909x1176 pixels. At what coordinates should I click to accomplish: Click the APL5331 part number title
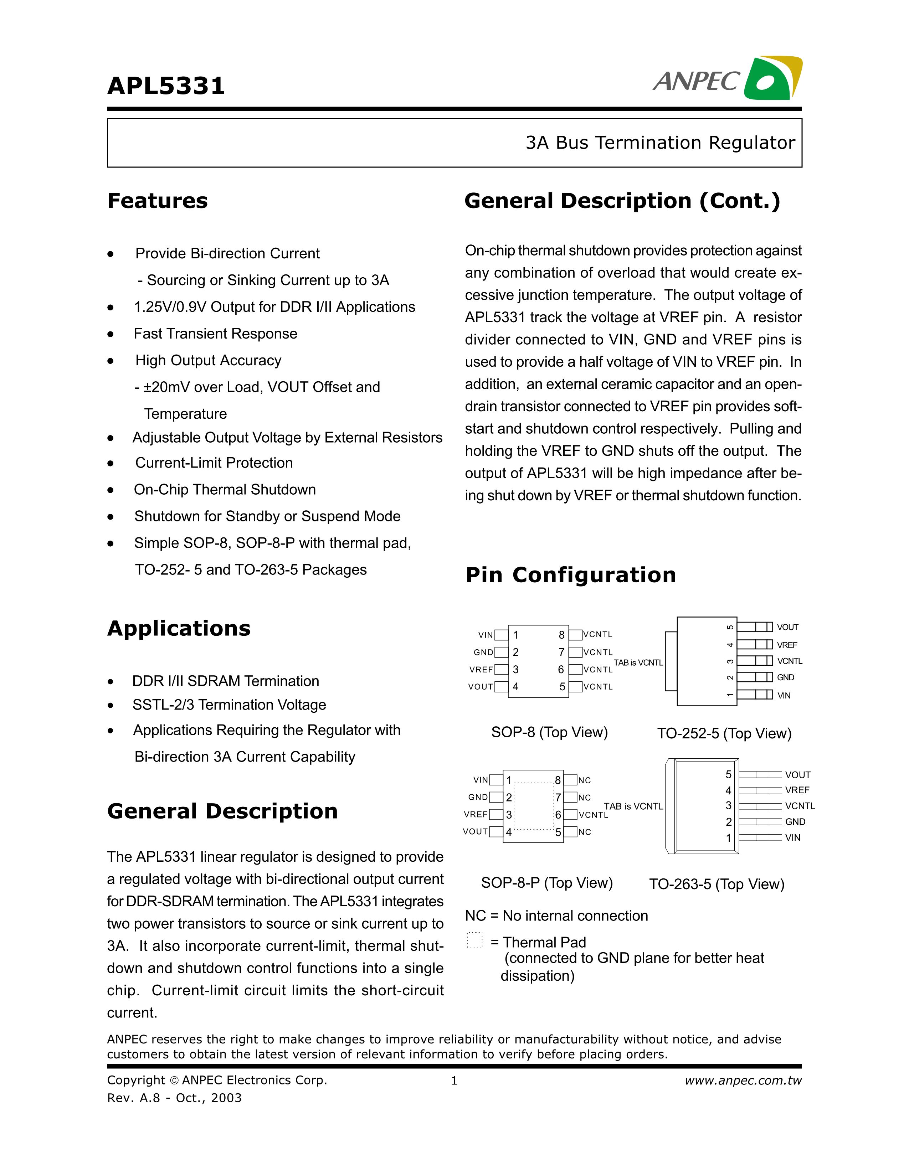pyautogui.click(x=166, y=86)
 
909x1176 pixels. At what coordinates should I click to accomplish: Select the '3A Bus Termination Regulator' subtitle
pyautogui.click(x=660, y=143)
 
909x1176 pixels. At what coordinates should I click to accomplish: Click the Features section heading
pyautogui.click(x=157, y=201)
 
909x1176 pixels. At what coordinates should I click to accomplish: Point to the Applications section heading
pyautogui.click(x=179, y=628)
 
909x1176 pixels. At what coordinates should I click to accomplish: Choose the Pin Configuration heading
pyautogui.click(x=570, y=575)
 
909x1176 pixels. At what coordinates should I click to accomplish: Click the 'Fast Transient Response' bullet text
pyautogui.click(x=215, y=334)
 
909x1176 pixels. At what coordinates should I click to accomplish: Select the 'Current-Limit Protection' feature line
pyautogui.click(x=214, y=463)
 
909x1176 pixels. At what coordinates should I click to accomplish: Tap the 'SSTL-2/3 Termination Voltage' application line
pyautogui.click(x=229, y=705)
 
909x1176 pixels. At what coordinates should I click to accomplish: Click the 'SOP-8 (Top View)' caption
pyautogui.click(x=549, y=732)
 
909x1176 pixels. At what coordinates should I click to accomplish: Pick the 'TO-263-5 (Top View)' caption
pyautogui.click(x=716, y=884)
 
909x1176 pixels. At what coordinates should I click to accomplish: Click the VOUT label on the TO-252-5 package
pyautogui.click(x=787, y=627)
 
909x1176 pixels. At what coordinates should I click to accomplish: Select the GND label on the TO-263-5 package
pyautogui.click(x=795, y=822)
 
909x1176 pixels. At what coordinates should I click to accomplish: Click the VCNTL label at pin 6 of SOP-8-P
pyautogui.click(x=593, y=815)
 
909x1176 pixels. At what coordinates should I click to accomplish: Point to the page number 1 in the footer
pyautogui.click(x=454, y=1081)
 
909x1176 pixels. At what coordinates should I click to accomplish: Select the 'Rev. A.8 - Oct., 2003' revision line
pyautogui.click(x=174, y=1098)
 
